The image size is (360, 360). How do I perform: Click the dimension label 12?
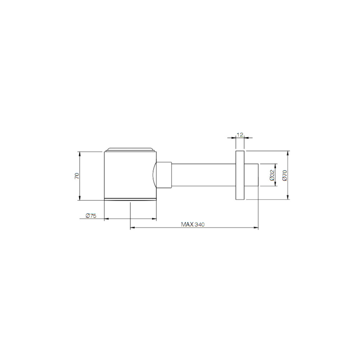coord(240,135)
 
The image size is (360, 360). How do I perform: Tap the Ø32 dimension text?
coord(272,175)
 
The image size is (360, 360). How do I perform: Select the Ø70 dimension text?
coord(285,175)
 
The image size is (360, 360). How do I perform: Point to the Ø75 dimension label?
coord(91,216)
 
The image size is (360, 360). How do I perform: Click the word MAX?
coord(187,224)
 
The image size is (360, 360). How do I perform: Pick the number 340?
coord(199,224)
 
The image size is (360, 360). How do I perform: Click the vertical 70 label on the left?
coord(77,176)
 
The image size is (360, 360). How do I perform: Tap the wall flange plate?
coord(240,175)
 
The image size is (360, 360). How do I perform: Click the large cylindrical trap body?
coord(130,175)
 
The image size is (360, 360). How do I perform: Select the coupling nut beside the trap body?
coord(164,175)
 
